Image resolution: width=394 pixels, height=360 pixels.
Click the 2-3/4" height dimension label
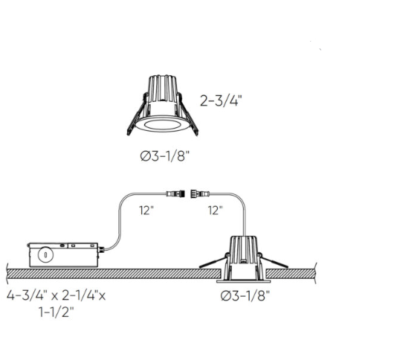pyautogui.click(x=221, y=101)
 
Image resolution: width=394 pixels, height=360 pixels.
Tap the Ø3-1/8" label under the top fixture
pyautogui.click(x=164, y=156)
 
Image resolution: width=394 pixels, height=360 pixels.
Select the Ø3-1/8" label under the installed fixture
pyautogui.click(x=245, y=295)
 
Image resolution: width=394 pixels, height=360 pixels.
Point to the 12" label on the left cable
pyautogui.click(x=146, y=210)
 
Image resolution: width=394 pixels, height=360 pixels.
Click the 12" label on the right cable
pyautogui.click(x=216, y=210)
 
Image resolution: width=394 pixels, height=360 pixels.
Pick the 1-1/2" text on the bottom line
pyautogui.click(x=56, y=312)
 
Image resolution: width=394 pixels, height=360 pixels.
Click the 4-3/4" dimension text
pyautogui.click(x=27, y=295)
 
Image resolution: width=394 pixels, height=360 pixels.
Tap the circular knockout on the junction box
pyautogui.click(x=46, y=255)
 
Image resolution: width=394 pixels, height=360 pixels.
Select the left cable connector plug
pyautogui.click(x=175, y=194)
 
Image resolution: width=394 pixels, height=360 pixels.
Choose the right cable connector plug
pyautogui.click(x=200, y=194)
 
